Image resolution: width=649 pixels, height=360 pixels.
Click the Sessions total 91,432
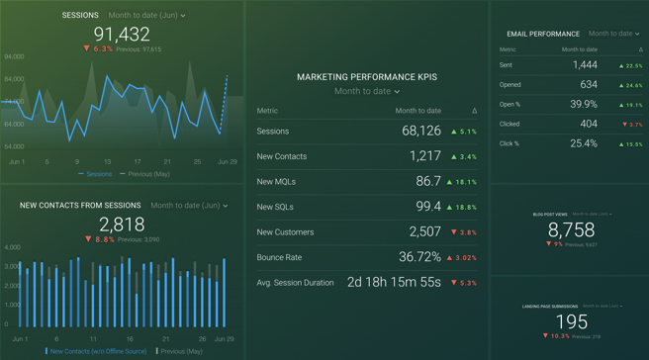coord(122,35)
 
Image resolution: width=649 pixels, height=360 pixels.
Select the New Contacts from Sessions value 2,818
coord(122,225)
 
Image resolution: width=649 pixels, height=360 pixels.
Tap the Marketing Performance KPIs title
coord(367,77)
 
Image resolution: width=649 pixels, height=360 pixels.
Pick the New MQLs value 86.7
coord(428,182)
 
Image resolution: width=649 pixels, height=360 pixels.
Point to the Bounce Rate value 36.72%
coord(419,257)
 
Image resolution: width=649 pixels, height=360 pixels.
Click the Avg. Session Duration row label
coord(295,283)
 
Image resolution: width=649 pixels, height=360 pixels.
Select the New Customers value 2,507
coord(424,232)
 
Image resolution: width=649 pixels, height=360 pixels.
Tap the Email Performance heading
coord(543,34)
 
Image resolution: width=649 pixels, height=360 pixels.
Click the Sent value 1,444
coord(585,65)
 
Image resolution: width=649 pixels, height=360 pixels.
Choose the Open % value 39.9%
coord(583,104)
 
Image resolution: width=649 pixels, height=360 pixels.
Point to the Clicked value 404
coord(589,124)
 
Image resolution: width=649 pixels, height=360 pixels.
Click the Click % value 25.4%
coord(583,143)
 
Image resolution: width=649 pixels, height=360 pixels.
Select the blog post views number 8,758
coord(571,229)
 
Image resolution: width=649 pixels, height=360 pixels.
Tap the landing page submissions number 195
coord(571,322)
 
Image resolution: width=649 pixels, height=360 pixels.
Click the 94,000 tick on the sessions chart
coord(14,57)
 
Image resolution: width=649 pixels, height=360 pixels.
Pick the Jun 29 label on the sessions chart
coord(227,161)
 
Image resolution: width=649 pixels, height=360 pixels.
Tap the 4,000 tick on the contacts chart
coord(12,248)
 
